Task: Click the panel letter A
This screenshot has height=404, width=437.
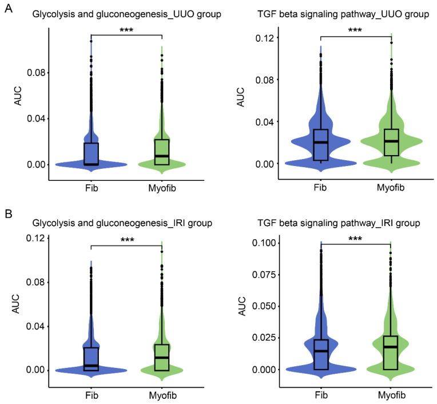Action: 7,8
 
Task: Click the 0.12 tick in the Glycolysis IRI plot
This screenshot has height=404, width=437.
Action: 34,239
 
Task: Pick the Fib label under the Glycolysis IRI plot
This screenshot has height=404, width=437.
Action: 91,395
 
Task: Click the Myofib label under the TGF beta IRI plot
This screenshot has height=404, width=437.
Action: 391,395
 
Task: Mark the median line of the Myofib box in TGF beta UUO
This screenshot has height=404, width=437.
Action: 392,141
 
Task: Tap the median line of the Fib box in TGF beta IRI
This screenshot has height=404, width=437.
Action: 321,351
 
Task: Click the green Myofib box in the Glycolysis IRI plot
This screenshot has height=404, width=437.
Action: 162,357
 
